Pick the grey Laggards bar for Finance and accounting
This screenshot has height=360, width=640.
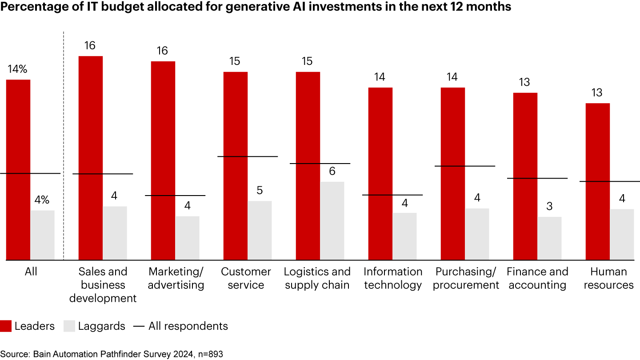pos(549,238)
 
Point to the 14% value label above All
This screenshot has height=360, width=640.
pos(17,69)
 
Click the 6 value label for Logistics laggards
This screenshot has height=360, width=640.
pos(332,171)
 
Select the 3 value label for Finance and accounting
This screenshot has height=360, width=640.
pos(549,207)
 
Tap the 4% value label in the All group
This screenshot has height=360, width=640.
pos(42,200)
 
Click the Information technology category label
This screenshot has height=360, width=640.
pos(393,278)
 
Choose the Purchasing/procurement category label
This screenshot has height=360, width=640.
pos(466,278)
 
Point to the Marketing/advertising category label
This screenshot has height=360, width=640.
pos(176,278)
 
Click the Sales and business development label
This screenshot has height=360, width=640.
pos(103,285)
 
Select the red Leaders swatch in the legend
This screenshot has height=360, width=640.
pos(6,326)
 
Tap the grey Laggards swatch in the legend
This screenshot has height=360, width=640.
pos(69,326)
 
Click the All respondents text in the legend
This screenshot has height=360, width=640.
pos(188,326)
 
